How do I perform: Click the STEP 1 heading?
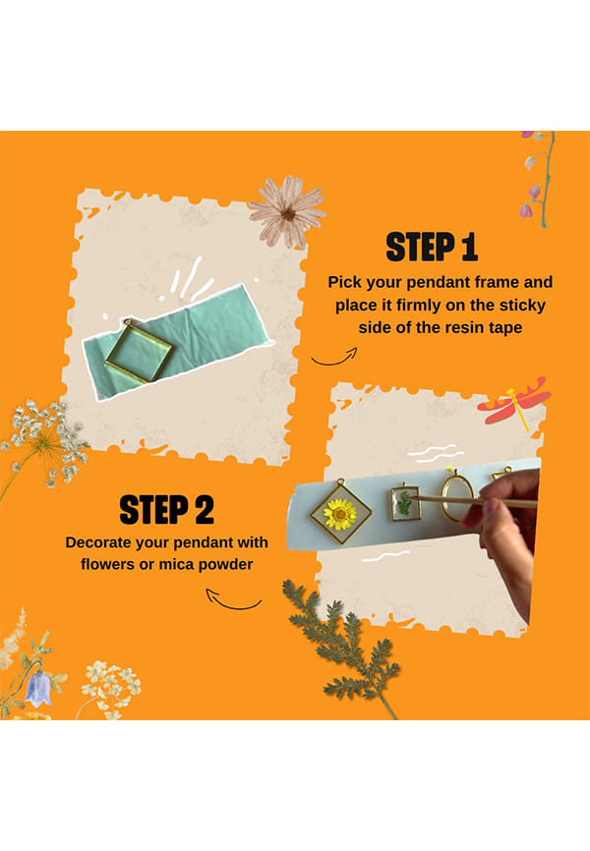[432, 248]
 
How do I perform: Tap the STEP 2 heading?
[167, 510]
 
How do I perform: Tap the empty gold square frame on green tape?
[139, 353]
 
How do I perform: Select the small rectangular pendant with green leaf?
[405, 502]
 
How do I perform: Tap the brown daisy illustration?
[288, 211]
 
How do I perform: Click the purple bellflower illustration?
[38, 689]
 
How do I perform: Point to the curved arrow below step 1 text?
[335, 361]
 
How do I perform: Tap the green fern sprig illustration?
[343, 646]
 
